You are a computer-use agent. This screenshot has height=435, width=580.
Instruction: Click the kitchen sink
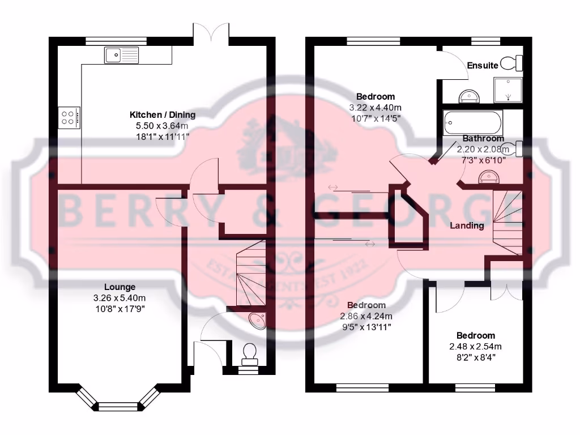[121, 55]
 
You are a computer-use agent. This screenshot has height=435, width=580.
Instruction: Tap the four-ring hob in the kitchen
[69, 117]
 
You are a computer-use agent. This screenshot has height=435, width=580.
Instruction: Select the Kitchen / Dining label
[163, 115]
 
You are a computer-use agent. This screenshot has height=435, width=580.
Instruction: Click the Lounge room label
[120, 287]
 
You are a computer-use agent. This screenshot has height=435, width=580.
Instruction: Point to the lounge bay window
[118, 400]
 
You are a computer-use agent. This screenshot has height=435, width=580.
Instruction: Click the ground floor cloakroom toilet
[249, 354]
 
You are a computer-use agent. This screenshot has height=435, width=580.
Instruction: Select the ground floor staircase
[249, 272]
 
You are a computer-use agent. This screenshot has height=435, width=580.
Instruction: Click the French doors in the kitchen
[211, 34]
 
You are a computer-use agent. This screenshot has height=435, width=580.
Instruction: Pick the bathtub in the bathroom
[473, 122]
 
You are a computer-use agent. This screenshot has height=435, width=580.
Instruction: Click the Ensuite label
[483, 66]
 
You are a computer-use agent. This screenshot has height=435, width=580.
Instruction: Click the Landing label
[467, 225]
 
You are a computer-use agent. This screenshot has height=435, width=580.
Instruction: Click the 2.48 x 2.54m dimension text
[476, 347]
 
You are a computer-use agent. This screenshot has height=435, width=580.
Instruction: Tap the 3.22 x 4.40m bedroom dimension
[376, 107]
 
